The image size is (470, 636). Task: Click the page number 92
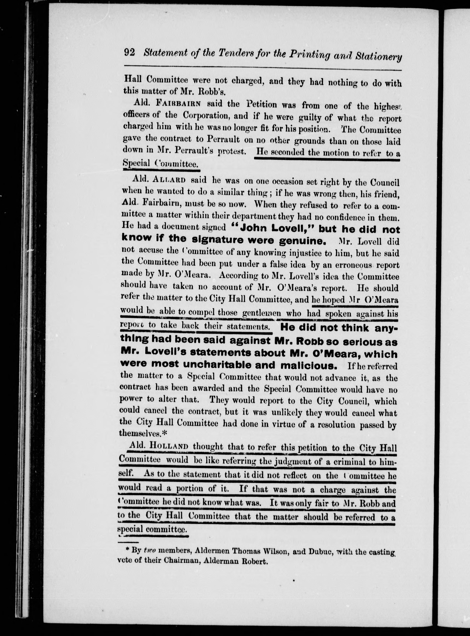(x=129, y=53)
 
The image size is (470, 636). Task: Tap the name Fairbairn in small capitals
(x=179, y=103)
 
